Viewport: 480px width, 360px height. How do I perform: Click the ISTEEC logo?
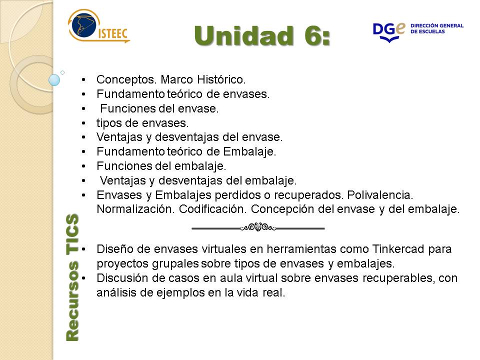pyautogui.click(x=98, y=26)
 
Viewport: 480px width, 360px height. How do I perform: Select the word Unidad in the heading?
pyautogui.click(x=243, y=36)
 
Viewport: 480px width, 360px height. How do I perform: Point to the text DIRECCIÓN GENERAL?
pyautogui.click(x=437, y=25)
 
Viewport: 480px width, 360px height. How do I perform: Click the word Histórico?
pyautogui.click(x=221, y=79)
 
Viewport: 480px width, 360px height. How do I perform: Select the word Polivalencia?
pyautogui.click(x=380, y=194)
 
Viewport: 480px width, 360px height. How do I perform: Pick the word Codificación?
pyautogui.click(x=213, y=209)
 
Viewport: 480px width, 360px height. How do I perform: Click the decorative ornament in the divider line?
pyautogui.click(x=258, y=227)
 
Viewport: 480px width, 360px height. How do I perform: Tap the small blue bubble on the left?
pyautogui.click(x=54, y=80)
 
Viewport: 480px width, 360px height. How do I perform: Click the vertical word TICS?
pyautogui.click(x=72, y=233)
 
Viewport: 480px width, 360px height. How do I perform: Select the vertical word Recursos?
pyautogui.click(x=72, y=301)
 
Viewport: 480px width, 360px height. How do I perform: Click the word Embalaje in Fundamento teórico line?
pyautogui.click(x=249, y=151)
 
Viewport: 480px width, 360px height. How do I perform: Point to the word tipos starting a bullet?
pyautogui.click(x=109, y=123)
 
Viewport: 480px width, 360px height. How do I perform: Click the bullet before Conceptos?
pyautogui.click(x=83, y=80)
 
